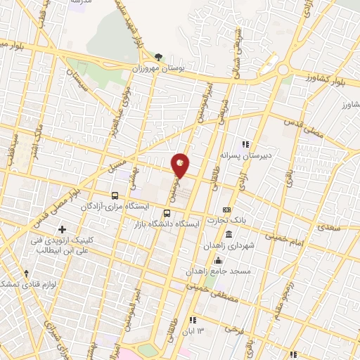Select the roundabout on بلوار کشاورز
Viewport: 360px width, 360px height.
283,70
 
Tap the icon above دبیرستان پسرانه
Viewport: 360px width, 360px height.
245,143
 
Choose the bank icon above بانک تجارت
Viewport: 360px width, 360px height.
226,210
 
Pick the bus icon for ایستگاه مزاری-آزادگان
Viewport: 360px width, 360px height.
114,195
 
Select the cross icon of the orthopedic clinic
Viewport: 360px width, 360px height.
63,229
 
